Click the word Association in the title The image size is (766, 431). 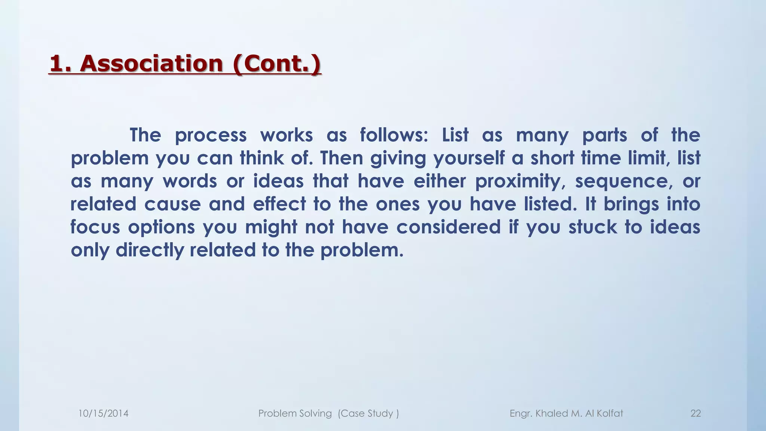coord(151,63)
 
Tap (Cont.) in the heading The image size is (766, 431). coord(276,63)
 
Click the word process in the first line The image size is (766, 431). coord(211,135)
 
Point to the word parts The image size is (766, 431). coord(604,135)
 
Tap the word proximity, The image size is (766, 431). coord(520,181)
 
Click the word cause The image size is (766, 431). coord(172,204)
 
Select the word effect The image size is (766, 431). coord(279,204)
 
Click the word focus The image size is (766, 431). coord(95,227)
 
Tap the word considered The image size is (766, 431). coord(448,227)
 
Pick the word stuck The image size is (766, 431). coord(592,227)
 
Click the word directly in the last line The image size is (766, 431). coord(150,250)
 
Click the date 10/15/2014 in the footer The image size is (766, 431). coord(103,413)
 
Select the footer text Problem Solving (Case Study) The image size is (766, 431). coord(328,413)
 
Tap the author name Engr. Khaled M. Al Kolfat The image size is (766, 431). coord(566,413)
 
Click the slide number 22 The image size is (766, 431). coord(695,413)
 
